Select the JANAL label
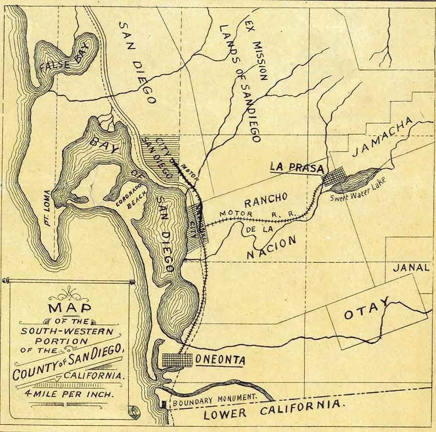point(411,268)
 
